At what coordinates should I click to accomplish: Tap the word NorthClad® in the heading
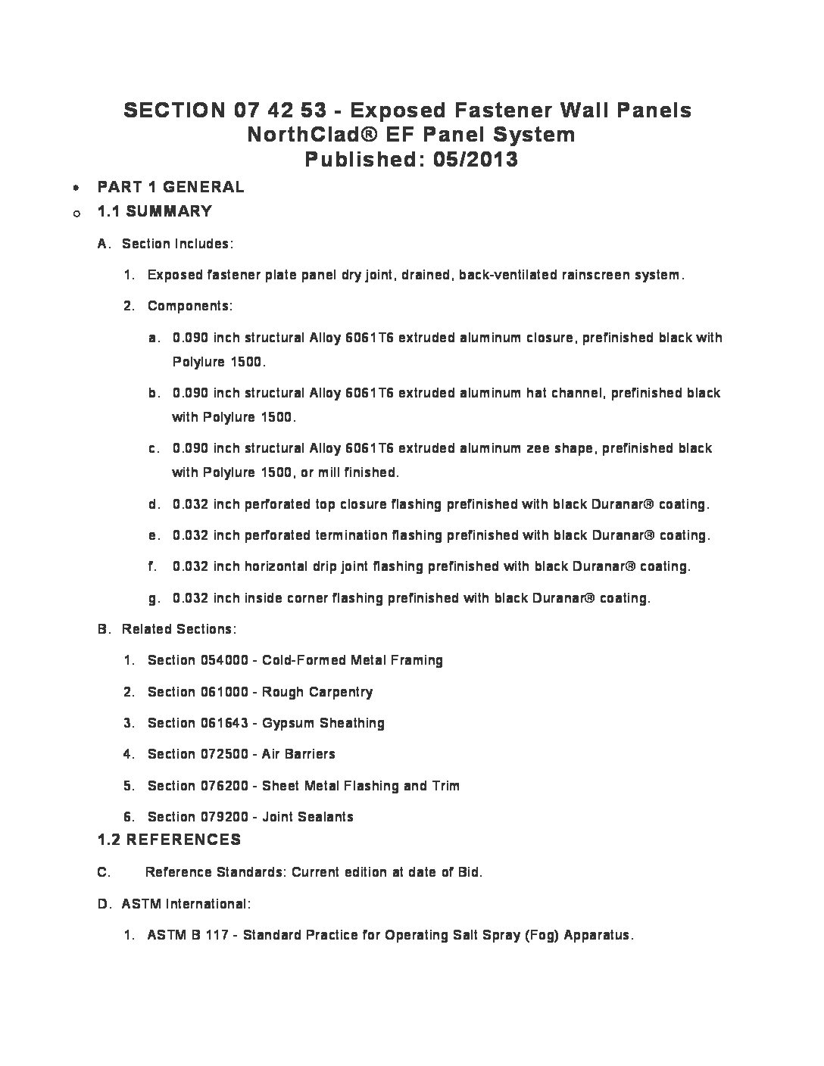(x=295, y=135)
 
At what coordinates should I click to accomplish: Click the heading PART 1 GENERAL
(x=170, y=187)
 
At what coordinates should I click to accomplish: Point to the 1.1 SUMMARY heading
(x=154, y=211)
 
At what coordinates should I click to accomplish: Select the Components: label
(x=189, y=306)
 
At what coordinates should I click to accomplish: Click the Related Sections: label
(x=179, y=629)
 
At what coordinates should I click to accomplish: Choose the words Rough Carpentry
(x=317, y=692)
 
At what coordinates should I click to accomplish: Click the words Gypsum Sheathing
(x=323, y=723)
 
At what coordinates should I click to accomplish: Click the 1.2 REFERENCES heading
(x=169, y=840)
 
